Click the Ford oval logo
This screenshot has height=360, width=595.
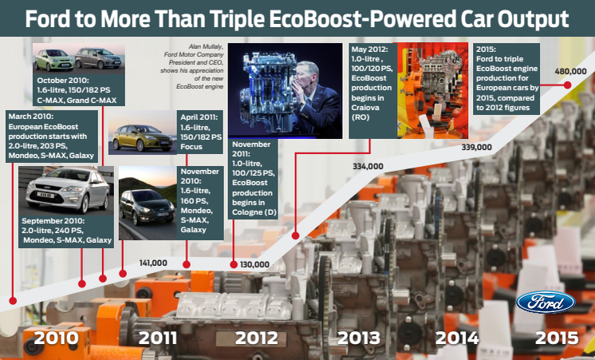point(546,303)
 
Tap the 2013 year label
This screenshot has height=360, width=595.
point(359,338)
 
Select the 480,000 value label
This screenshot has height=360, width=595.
point(570,71)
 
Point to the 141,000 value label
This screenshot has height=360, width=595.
point(153,263)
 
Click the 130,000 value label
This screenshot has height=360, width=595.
point(254,265)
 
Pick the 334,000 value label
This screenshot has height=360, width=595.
point(368,166)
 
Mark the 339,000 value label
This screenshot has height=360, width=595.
point(477,148)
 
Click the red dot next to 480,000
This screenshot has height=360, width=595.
point(567,85)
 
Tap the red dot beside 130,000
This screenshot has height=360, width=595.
point(234,265)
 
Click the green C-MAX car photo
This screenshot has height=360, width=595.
point(54,60)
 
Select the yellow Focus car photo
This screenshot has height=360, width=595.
point(142,137)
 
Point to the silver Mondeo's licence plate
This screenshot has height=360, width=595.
point(45,196)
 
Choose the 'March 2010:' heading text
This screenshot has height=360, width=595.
point(31,117)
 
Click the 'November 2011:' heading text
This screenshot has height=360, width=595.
point(250,149)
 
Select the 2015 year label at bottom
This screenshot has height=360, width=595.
point(557,338)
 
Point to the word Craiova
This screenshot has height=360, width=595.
point(365,108)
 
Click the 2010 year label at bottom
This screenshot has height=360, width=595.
point(56,338)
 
